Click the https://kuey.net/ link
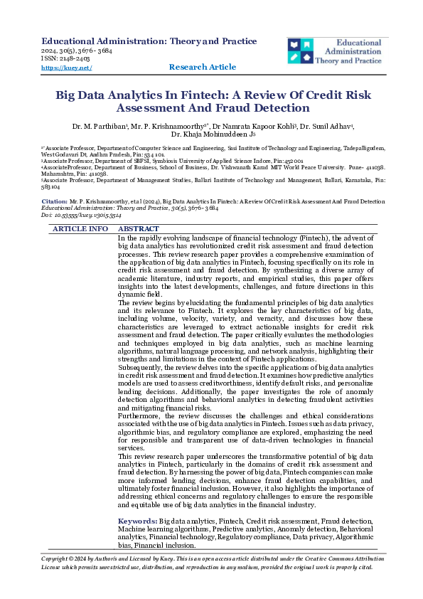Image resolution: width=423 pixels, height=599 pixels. click(x=66, y=68)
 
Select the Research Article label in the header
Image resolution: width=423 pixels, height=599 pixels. click(x=203, y=67)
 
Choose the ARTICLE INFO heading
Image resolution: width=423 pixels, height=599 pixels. click(x=80, y=229)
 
